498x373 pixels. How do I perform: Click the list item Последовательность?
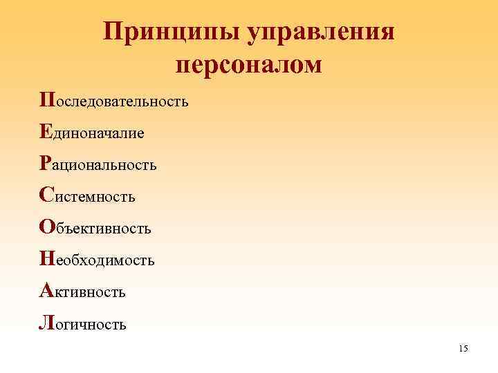pyautogui.click(x=114, y=101)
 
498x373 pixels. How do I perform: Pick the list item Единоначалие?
pyautogui.click(x=92, y=133)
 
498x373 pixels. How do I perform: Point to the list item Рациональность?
pyautogui.click(x=98, y=164)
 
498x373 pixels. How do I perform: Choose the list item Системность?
pyautogui.click(x=88, y=196)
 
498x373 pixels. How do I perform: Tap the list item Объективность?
pyautogui.click(x=95, y=228)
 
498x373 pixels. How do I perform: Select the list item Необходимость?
pyautogui.click(x=98, y=260)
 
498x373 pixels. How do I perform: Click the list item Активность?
pyautogui.click(x=83, y=291)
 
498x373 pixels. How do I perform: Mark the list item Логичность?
pyautogui.click(x=83, y=323)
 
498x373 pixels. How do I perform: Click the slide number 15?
pyautogui.click(x=463, y=349)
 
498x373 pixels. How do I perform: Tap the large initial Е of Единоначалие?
pyautogui.click(x=45, y=131)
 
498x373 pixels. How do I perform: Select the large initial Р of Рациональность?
pyautogui.click(x=45, y=163)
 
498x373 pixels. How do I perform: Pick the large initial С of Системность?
pyautogui.click(x=46, y=195)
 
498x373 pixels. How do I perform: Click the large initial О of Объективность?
pyautogui.click(x=46, y=227)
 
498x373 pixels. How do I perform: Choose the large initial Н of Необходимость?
pyautogui.click(x=46, y=258)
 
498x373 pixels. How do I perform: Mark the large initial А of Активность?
pyautogui.click(x=46, y=290)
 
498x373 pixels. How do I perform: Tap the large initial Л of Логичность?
pyautogui.click(x=46, y=322)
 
